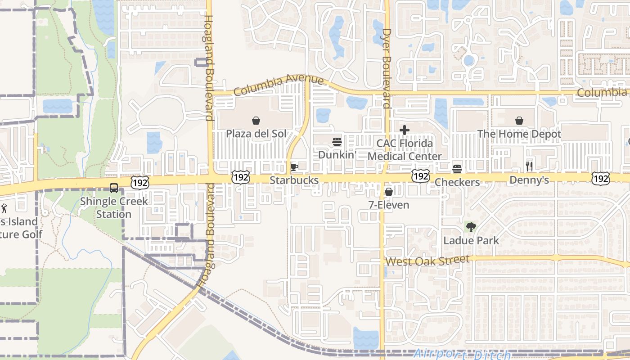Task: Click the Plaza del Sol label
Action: (256, 134)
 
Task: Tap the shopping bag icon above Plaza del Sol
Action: (256, 121)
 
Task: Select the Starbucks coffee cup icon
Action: (294, 167)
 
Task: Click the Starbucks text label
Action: (294, 180)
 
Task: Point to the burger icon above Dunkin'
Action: (337, 142)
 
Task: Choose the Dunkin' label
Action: (337, 155)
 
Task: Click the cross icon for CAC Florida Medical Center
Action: (405, 130)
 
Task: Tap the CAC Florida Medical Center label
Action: (405, 150)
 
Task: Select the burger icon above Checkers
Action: (457, 169)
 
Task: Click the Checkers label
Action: (457, 182)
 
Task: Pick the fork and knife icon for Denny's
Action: (529, 166)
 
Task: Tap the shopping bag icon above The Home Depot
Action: (519, 121)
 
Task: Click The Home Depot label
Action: (519, 134)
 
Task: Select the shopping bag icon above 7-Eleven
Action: (389, 192)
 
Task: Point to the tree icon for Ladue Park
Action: (471, 227)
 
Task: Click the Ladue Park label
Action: (471, 240)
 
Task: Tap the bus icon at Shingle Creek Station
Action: (114, 188)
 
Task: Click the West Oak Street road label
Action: (427, 261)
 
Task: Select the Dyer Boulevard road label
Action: (386, 68)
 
